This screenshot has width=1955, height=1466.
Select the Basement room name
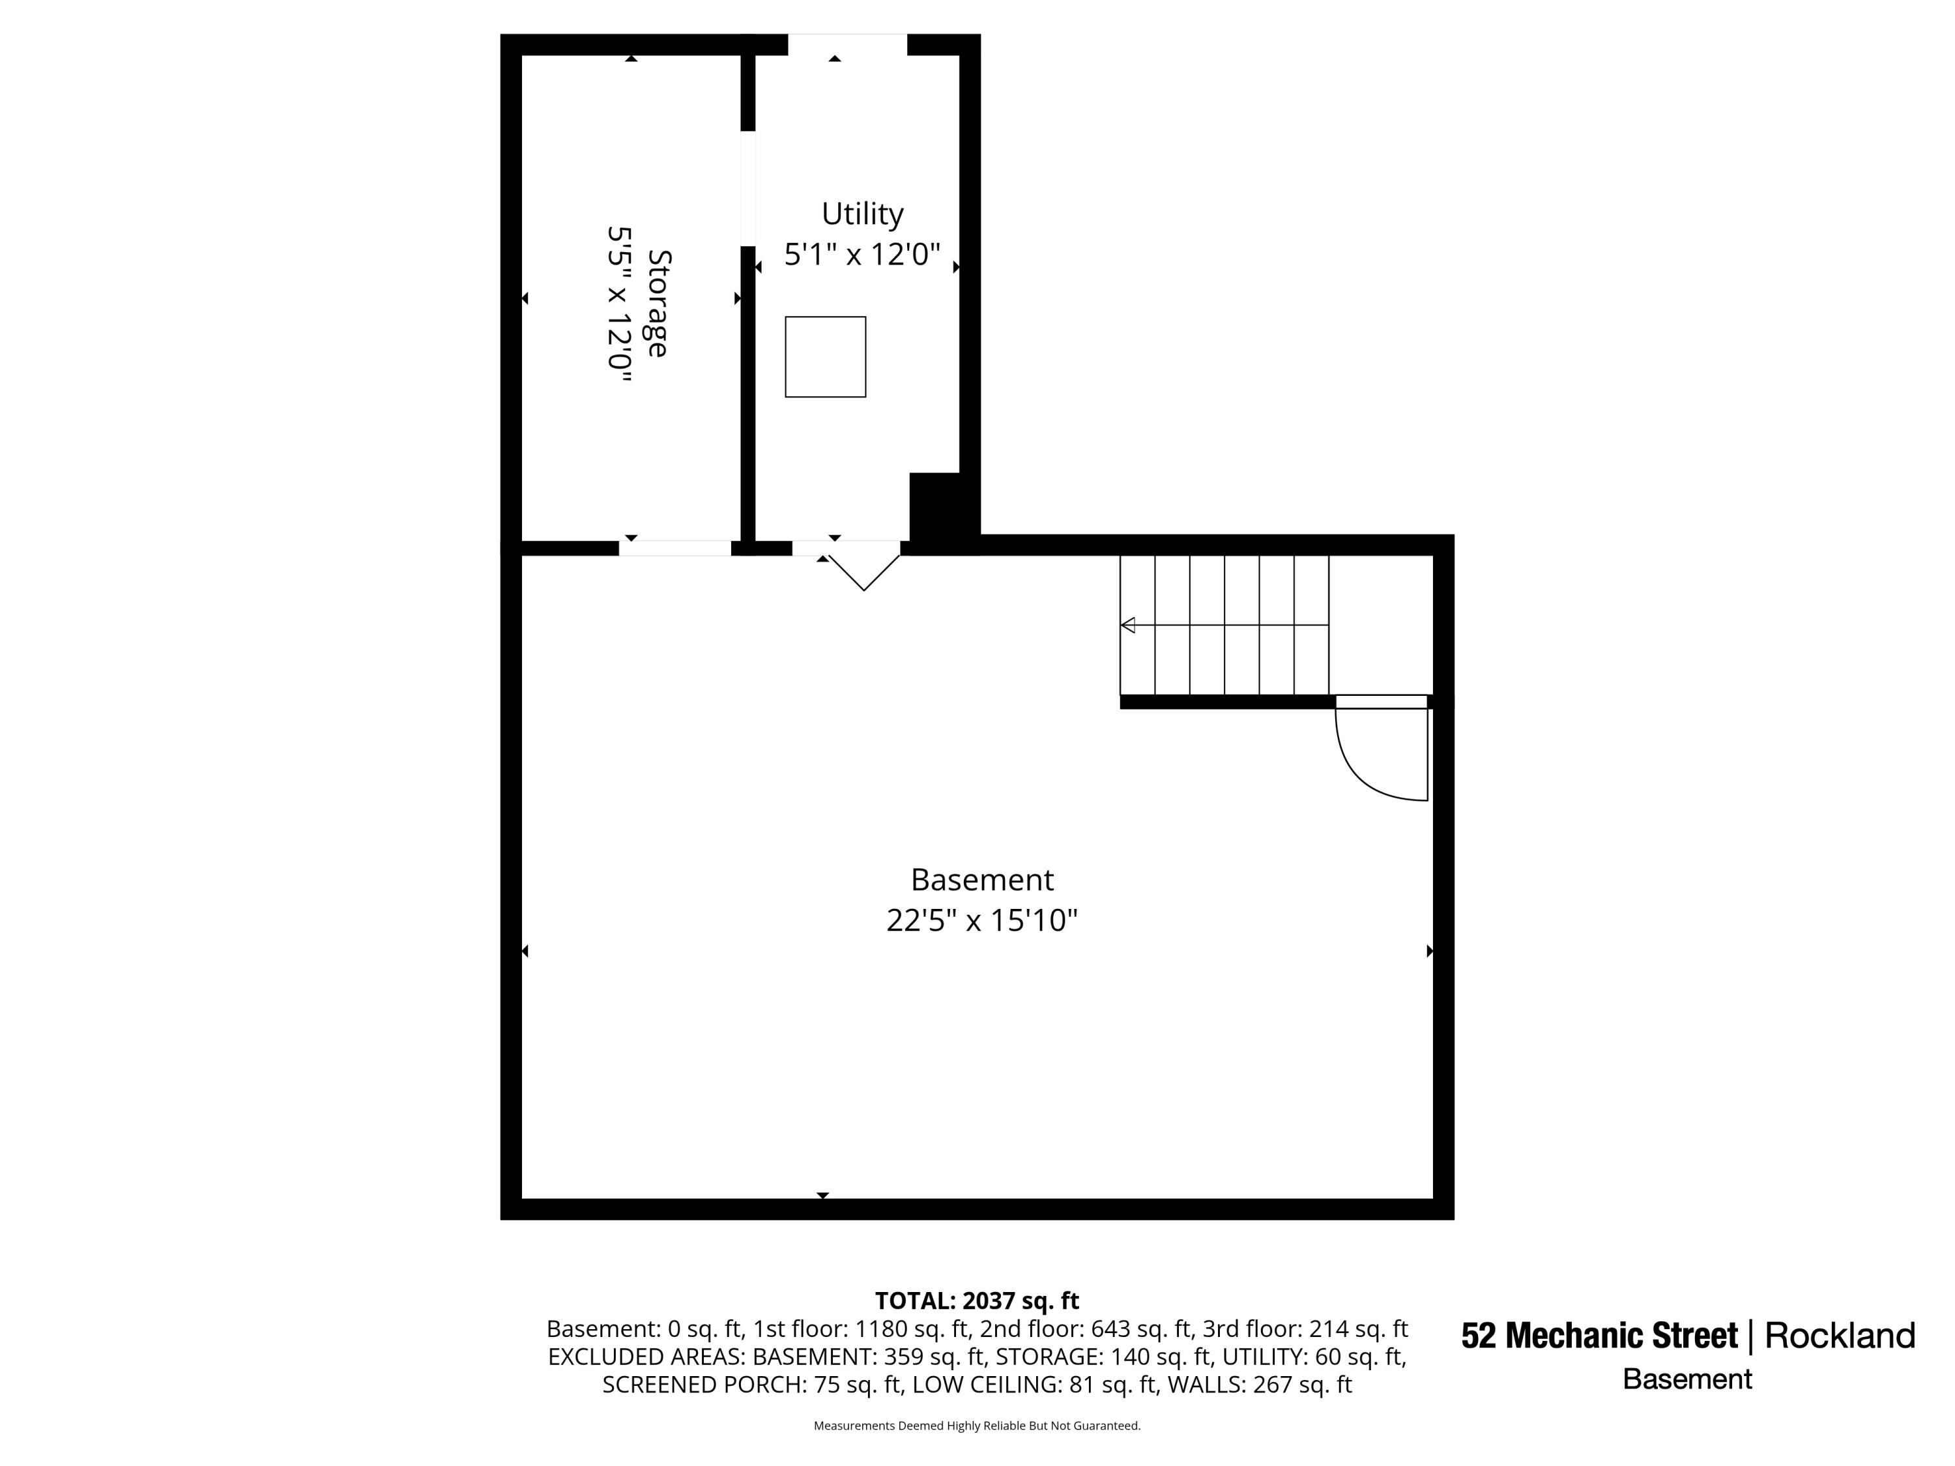pyautogui.click(x=982, y=880)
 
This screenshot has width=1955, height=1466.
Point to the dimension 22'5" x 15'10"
pyautogui.click(x=982, y=921)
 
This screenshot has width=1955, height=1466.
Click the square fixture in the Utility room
pyautogui.click(x=826, y=357)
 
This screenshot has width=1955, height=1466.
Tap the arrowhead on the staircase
pyautogui.click(x=1128, y=625)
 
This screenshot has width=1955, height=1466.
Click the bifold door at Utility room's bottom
pyautogui.click(x=863, y=573)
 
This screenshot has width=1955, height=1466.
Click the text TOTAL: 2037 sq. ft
pyautogui.click(x=977, y=1301)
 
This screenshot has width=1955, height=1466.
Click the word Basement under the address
pyautogui.click(x=1687, y=1379)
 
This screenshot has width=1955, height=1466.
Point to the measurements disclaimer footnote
pyautogui.click(x=977, y=1426)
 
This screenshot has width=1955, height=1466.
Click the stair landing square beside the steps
pyautogui.click(x=1380, y=625)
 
